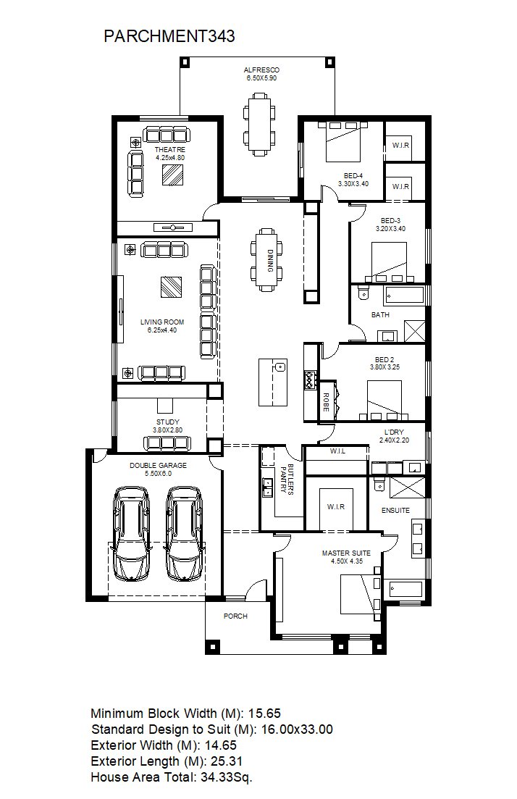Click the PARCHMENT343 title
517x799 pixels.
169,36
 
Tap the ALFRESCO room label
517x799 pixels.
261,70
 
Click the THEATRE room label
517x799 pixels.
170,150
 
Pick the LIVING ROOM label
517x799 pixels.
162,322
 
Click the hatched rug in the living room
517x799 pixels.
171,287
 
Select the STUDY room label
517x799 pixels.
167,422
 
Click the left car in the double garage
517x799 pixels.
132,534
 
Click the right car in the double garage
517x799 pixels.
184,534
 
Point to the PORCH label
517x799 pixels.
235,616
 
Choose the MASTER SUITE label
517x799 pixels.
346,553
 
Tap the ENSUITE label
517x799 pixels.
396,510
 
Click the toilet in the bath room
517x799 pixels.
363,293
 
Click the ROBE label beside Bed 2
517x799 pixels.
327,402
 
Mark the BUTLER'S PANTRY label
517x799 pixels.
287,479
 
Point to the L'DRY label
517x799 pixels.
394,432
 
